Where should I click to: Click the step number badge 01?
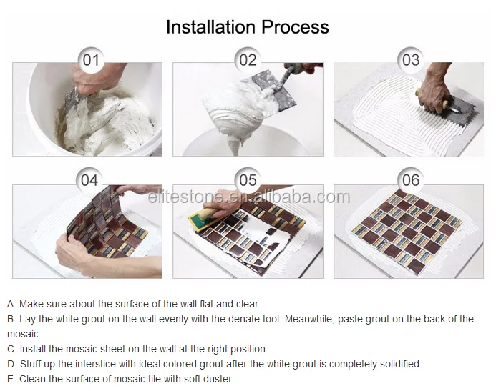[x=91, y=59]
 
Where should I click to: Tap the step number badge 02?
[x=248, y=59]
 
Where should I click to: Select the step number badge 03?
[x=411, y=59]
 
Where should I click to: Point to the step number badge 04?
[x=89, y=180]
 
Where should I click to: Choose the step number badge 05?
[x=248, y=180]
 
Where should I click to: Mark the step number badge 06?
[x=411, y=180]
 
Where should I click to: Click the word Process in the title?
[x=295, y=27]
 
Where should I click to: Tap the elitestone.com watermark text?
[x=248, y=197]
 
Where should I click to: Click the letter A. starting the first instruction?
[x=11, y=304]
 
